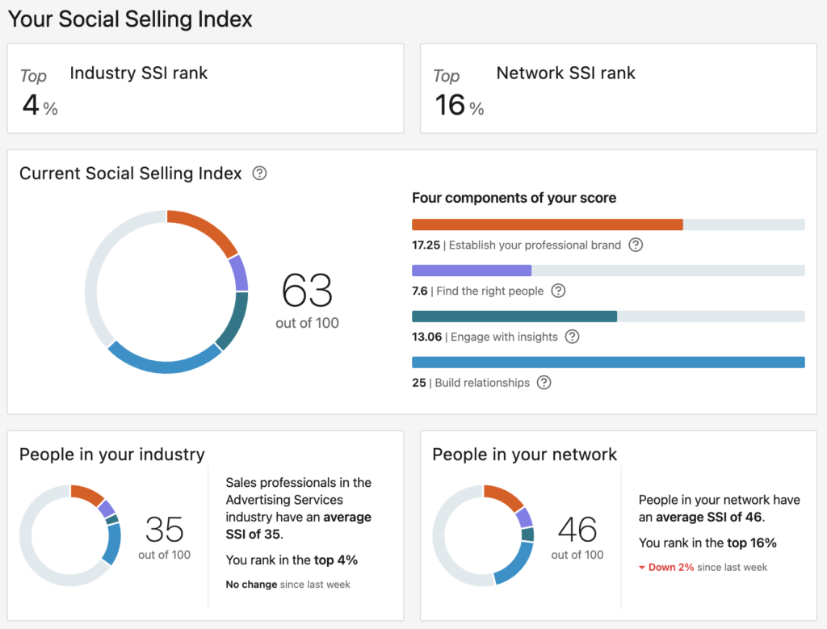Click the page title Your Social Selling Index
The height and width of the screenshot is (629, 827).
(x=130, y=19)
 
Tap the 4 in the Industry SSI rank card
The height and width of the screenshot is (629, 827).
(x=31, y=104)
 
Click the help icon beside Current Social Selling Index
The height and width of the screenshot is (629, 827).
(x=259, y=173)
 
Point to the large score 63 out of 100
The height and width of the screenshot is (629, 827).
(x=307, y=291)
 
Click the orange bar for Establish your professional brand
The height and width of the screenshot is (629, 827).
(x=547, y=224)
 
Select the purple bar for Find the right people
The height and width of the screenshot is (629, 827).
(x=472, y=270)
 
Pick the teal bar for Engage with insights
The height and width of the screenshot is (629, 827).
(x=514, y=317)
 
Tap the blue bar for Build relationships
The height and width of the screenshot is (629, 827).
(x=608, y=362)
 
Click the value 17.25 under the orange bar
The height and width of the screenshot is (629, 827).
(x=426, y=245)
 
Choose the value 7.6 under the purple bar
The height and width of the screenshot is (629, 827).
(x=419, y=291)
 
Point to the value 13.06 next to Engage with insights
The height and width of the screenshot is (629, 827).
(x=426, y=337)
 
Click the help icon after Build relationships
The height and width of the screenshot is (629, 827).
(x=544, y=383)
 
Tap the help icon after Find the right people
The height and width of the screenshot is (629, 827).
(x=558, y=291)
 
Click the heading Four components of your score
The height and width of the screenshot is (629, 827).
(x=514, y=198)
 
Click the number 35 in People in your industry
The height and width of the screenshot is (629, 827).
(x=165, y=530)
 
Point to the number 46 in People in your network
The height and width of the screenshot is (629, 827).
(x=577, y=530)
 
